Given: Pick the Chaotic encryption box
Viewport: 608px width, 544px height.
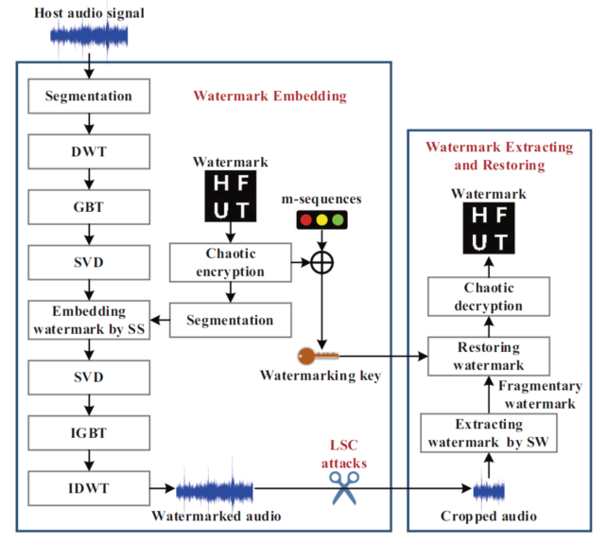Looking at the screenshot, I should pos(230,263).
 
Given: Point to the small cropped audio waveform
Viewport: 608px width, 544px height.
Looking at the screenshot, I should pos(488,489).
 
